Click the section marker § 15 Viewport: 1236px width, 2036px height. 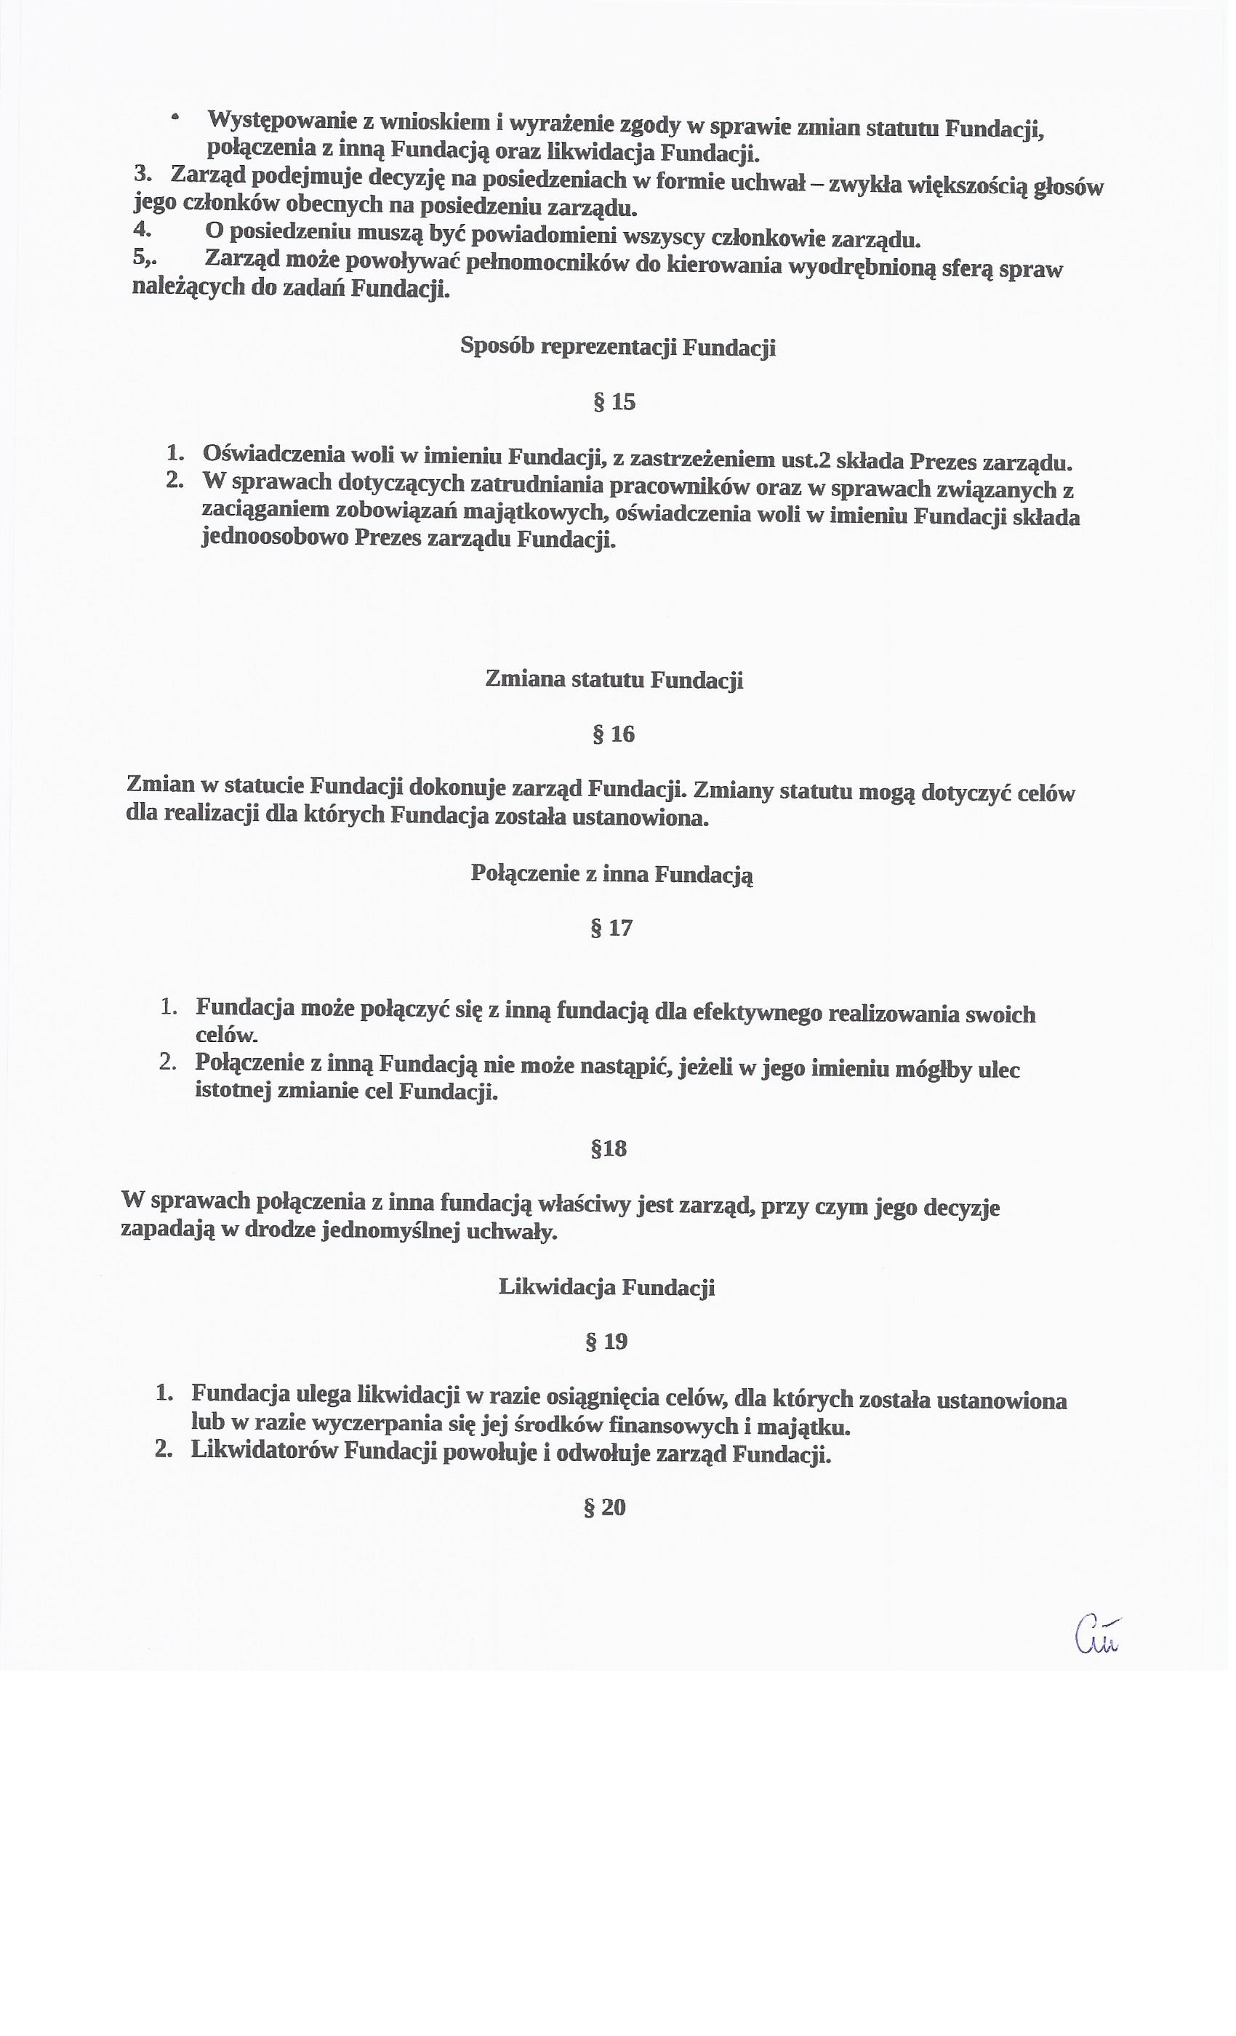tap(614, 402)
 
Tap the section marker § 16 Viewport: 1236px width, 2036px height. tap(613, 734)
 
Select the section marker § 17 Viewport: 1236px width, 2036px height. tap(611, 928)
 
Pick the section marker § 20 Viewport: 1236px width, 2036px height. tap(605, 1507)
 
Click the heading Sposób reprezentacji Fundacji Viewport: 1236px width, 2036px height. tap(618, 346)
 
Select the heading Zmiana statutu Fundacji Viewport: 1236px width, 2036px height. tap(614, 679)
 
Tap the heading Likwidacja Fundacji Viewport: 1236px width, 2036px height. tap(606, 1286)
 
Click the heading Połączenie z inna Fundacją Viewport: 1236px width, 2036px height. tap(611, 873)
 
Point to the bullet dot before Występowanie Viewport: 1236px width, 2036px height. tap(174, 118)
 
